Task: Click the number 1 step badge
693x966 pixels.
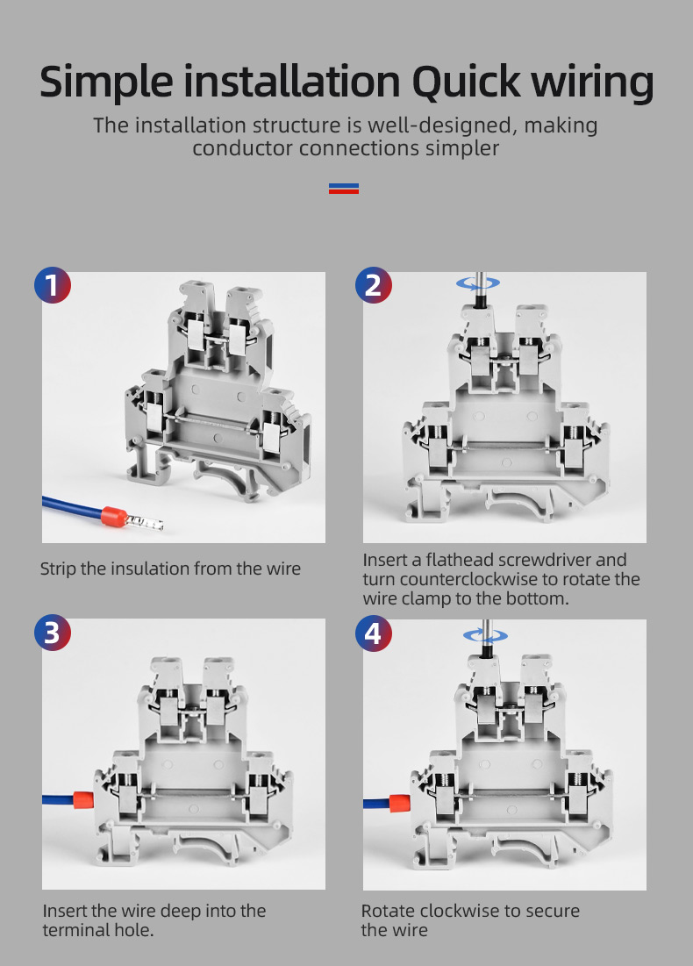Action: coord(53,285)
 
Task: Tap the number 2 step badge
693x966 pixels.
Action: coord(374,285)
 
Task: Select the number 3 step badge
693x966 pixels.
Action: coord(53,633)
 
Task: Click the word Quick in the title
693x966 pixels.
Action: coord(466,82)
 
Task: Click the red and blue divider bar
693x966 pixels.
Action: coord(344,189)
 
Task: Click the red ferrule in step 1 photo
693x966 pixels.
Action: coord(113,515)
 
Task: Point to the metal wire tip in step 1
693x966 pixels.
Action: coord(146,524)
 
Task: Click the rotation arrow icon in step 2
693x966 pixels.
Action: coord(478,283)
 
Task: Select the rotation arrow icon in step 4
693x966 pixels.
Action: coord(485,636)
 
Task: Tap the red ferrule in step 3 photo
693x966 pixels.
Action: coord(83,799)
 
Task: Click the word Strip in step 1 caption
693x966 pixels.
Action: coord(58,569)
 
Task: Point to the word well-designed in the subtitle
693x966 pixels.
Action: coord(439,126)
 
